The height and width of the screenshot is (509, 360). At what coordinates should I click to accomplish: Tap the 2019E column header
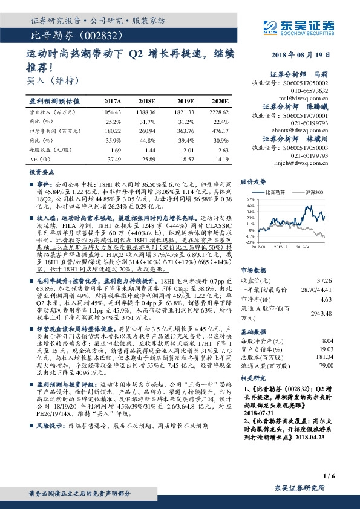tap(186, 102)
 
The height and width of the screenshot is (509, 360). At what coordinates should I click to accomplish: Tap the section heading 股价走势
tap(253, 181)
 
